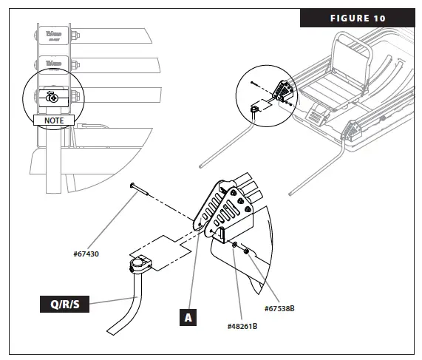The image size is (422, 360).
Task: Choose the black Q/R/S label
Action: [x=64, y=303]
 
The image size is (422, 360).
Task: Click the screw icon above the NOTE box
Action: [x=52, y=97]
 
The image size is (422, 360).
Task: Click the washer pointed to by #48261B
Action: [x=234, y=243]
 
